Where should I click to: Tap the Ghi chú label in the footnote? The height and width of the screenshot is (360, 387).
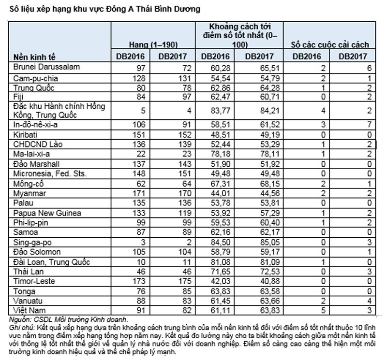[x=22, y=327]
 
